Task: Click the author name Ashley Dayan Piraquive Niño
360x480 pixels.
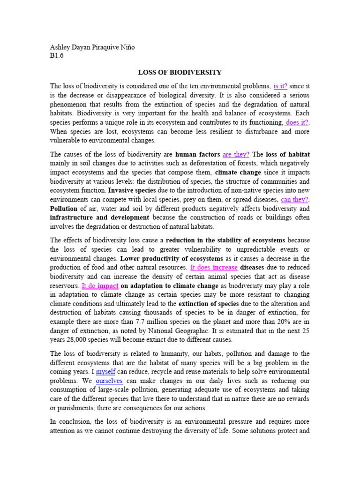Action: point(92,47)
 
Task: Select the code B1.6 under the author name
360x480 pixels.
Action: point(56,55)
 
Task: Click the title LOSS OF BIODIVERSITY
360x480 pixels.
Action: point(180,73)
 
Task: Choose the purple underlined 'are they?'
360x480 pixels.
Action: point(236,154)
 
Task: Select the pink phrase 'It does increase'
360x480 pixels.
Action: point(214,268)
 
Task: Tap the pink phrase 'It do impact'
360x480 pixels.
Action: point(100,285)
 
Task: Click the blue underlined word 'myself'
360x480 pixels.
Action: point(105,372)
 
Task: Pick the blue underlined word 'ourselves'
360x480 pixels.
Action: point(109,381)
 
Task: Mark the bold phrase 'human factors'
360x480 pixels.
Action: point(198,154)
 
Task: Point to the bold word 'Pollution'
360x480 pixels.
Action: point(64,208)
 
